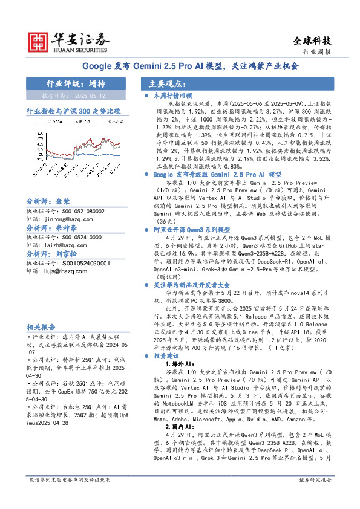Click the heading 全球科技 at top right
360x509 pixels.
click(312, 41)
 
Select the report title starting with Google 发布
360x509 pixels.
click(179, 66)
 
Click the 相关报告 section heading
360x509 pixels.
click(41, 326)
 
